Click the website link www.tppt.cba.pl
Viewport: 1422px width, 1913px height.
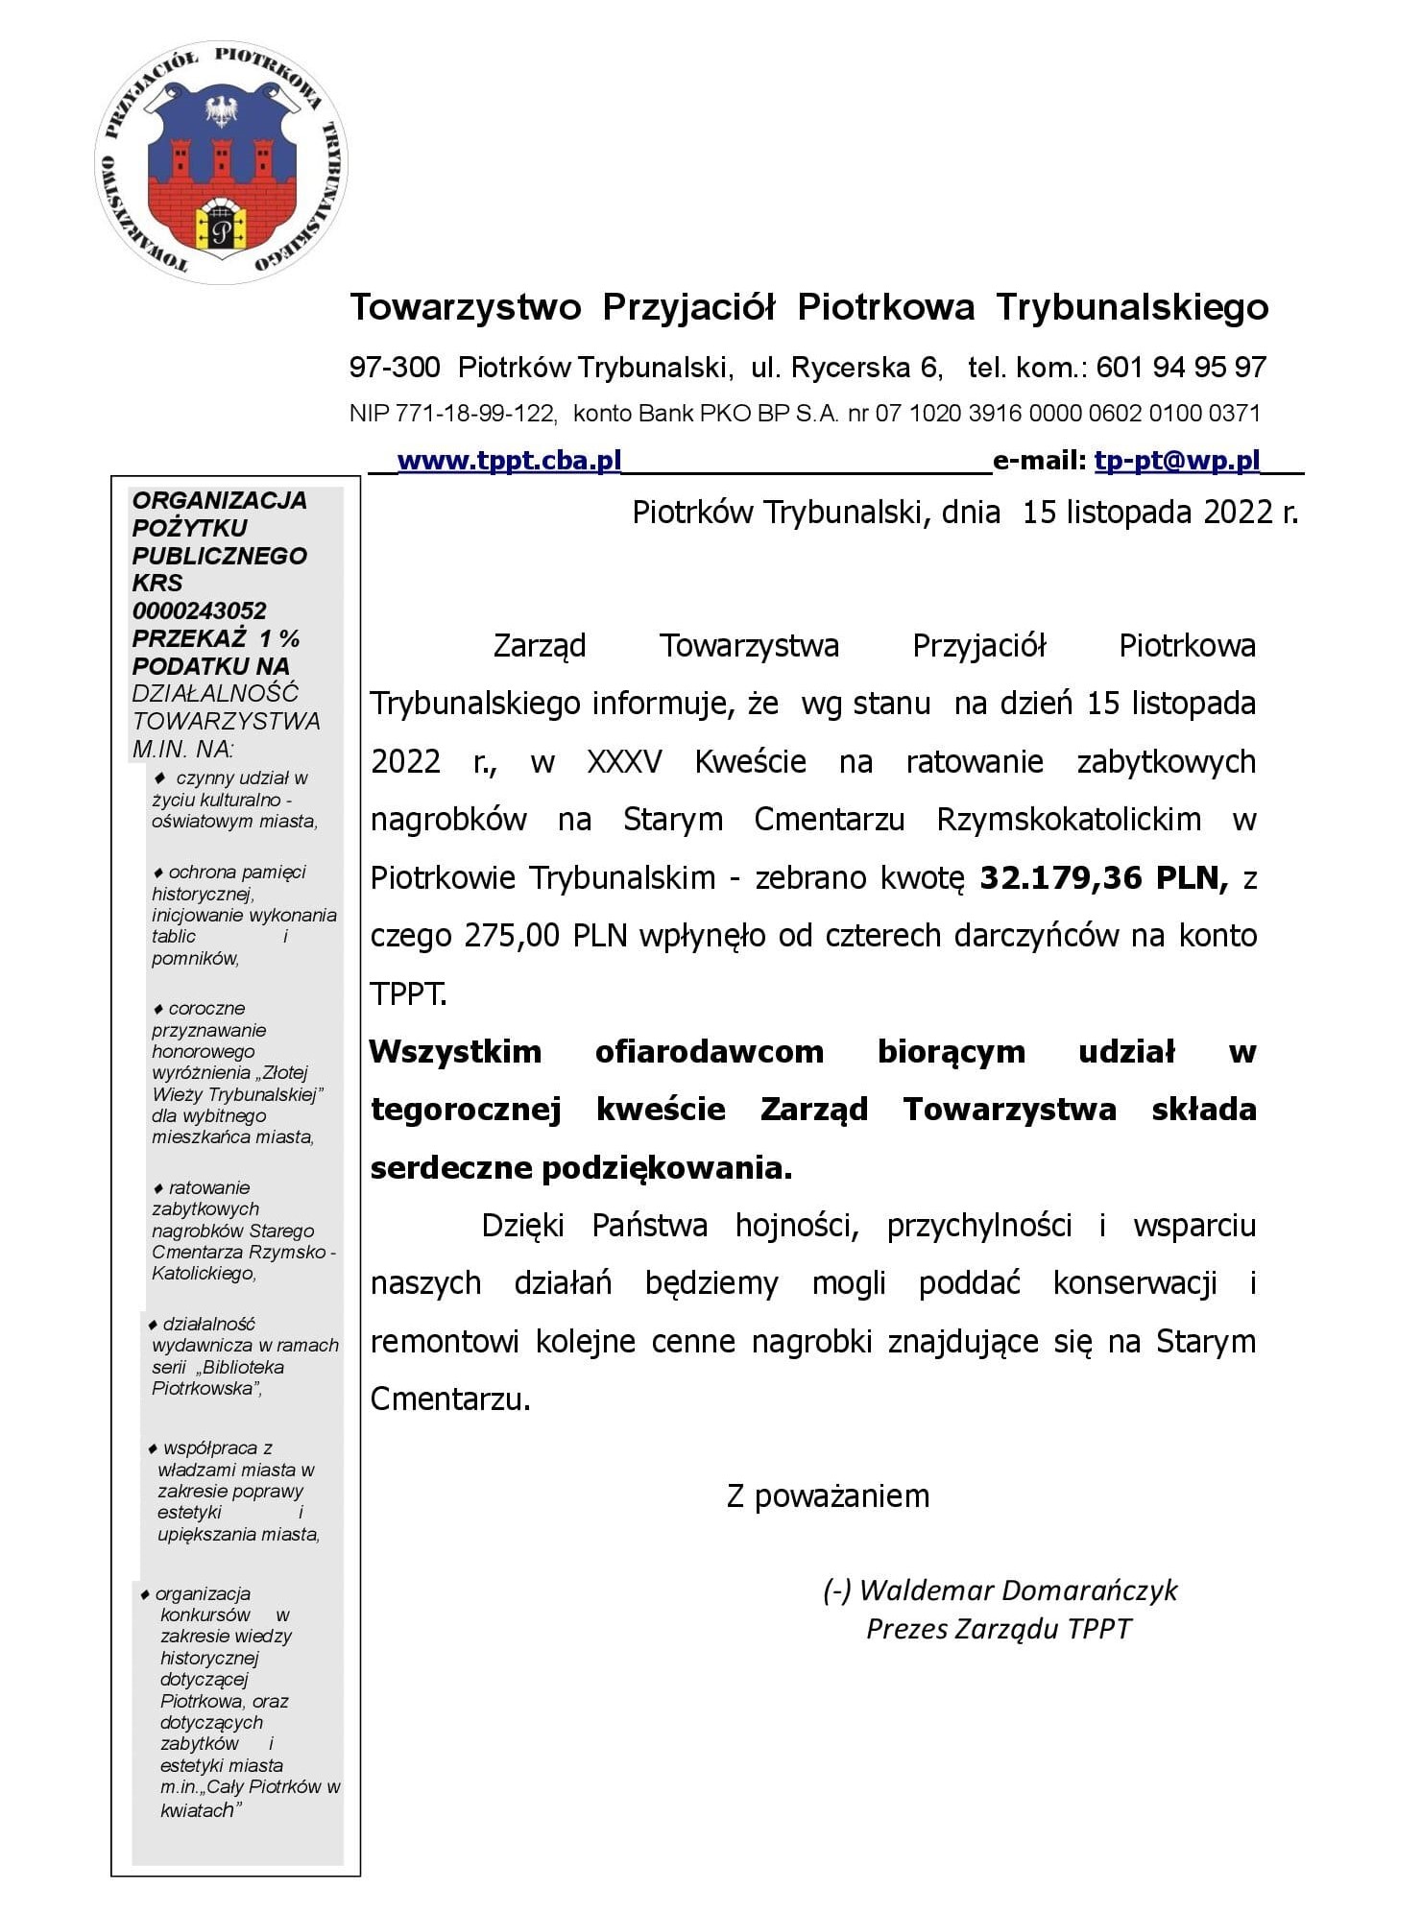tap(509, 461)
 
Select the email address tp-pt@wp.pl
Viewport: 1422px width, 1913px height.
tap(1176, 461)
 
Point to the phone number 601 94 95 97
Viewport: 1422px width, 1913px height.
tap(1181, 367)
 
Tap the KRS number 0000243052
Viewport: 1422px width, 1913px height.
tap(200, 610)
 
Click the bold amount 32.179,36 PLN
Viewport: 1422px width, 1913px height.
tap(1103, 877)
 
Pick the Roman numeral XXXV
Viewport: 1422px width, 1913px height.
tap(624, 761)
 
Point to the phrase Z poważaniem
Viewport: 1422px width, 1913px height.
tap(828, 1495)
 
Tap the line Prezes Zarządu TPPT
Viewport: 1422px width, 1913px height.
tap(999, 1629)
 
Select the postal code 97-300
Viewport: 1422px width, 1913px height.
tap(395, 367)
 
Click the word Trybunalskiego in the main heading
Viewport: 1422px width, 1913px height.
tap(1132, 307)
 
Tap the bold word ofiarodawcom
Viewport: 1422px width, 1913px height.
tap(709, 1051)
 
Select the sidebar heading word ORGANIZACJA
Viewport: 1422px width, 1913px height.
tap(220, 500)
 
